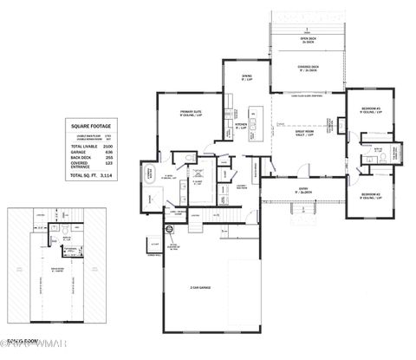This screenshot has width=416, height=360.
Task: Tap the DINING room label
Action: (x=246, y=76)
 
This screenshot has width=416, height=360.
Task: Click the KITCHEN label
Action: (x=242, y=125)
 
